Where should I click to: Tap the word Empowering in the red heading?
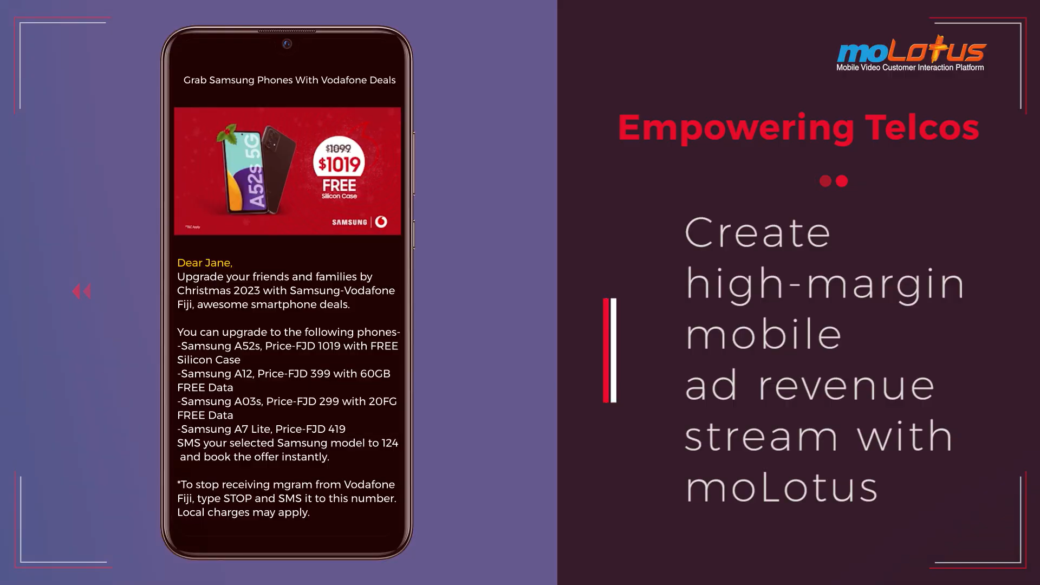pyautogui.click(x=736, y=129)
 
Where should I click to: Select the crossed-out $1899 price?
pyautogui.click(x=338, y=148)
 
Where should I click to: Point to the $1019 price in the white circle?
pyautogui.click(x=339, y=164)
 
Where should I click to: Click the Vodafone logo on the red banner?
pyautogui.click(x=381, y=222)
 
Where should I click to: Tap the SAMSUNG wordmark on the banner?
pyautogui.click(x=349, y=222)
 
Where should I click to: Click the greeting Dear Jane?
pyautogui.click(x=205, y=263)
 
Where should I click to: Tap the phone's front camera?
pyautogui.click(x=287, y=44)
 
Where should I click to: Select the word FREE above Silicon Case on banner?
pyautogui.click(x=339, y=185)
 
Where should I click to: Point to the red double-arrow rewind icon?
pyautogui.click(x=82, y=291)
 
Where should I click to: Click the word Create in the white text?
pyautogui.click(x=757, y=233)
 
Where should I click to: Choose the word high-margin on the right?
pyautogui.click(x=825, y=283)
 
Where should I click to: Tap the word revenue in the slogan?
pyautogui.click(x=846, y=386)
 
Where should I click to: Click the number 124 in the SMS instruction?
pyautogui.click(x=390, y=443)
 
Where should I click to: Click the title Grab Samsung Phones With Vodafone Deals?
pyautogui.click(x=289, y=80)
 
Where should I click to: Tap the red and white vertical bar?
pyautogui.click(x=610, y=350)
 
